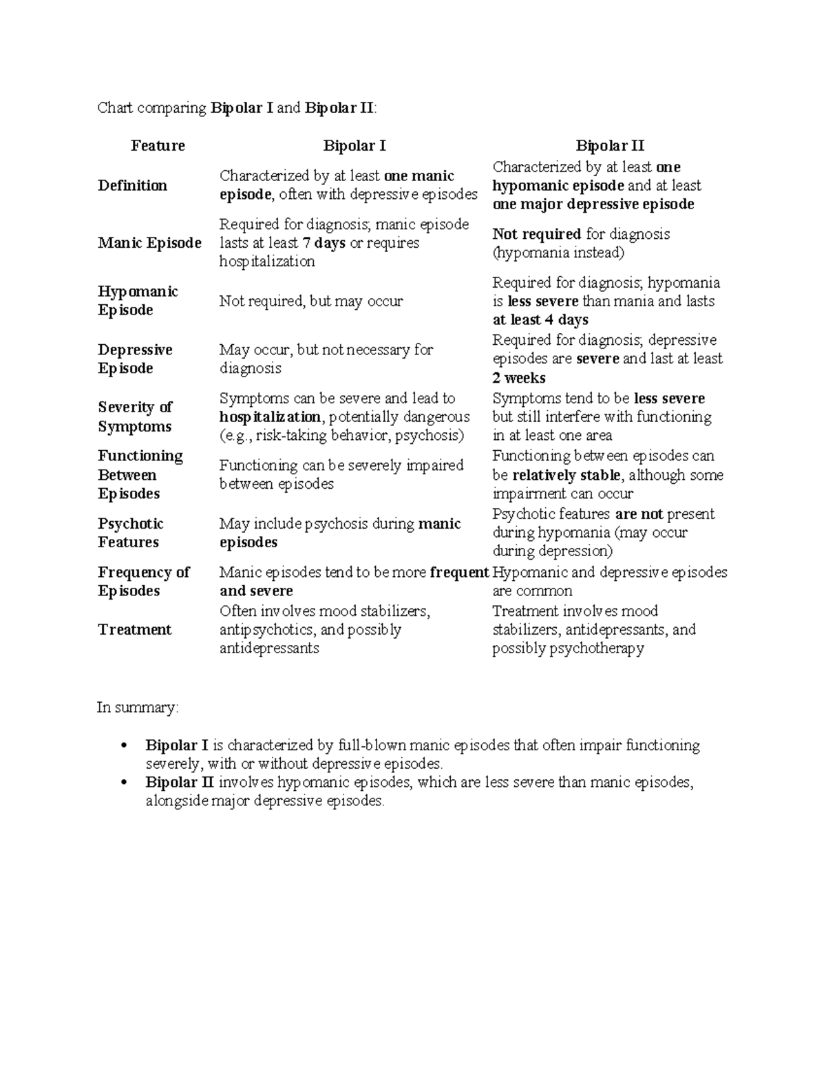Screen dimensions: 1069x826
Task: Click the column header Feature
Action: click(x=158, y=146)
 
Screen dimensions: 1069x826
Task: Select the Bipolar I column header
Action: click(x=354, y=146)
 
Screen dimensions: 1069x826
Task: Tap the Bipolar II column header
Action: click(x=610, y=146)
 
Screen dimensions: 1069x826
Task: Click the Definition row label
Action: click(x=132, y=186)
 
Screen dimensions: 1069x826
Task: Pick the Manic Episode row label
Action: click(x=149, y=243)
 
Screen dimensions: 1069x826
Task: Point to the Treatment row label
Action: click(x=134, y=630)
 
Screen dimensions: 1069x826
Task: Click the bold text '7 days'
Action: click(x=324, y=243)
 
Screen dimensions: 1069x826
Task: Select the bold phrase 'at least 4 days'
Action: click(x=540, y=320)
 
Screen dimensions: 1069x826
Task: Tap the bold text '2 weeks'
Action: click(x=519, y=378)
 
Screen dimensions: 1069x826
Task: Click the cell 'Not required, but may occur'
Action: click(x=311, y=301)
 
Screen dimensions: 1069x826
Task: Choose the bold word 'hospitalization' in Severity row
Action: click(x=270, y=417)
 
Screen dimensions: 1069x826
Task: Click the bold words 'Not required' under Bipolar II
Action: click(x=536, y=234)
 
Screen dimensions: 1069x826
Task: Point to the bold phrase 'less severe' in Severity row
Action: click(x=669, y=399)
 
